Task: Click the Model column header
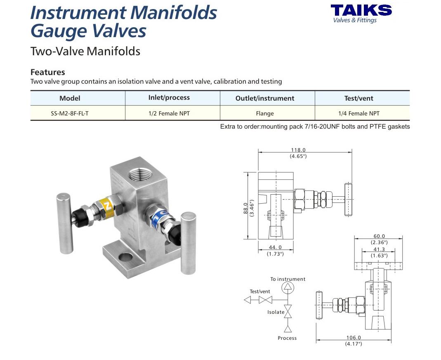click(70, 98)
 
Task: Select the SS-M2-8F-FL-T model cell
click(70, 113)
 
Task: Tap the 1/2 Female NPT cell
click(169, 113)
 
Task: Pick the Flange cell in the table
click(264, 113)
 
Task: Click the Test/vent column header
click(358, 98)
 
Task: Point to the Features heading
click(47, 72)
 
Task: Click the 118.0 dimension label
click(298, 150)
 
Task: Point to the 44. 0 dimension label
click(275, 247)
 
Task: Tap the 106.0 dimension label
click(354, 337)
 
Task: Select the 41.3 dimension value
click(378, 249)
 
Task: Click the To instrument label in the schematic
click(288, 279)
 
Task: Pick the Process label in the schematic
click(287, 338)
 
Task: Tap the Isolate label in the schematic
click(276, 312)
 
